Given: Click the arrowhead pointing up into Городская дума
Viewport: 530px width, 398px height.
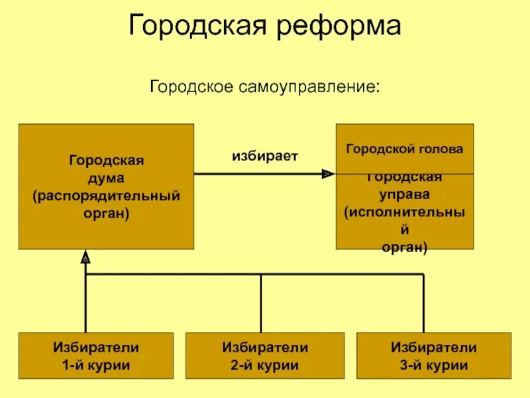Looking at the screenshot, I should coord(85,256).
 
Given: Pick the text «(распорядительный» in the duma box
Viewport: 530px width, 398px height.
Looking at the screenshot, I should coord(106,196).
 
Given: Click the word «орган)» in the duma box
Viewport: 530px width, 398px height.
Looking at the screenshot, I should coord(106,214).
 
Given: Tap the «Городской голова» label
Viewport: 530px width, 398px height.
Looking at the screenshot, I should coord(404,149).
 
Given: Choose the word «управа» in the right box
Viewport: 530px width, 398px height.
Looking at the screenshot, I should coord(404,195).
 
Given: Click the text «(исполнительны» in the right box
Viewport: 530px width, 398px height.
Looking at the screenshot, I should coord(404,213).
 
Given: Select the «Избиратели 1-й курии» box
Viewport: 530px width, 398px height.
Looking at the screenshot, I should coord(96,356).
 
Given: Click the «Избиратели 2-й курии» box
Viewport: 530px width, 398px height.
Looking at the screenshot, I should coord(265,356).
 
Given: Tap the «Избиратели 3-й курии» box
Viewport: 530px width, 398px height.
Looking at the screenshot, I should coord(434,356).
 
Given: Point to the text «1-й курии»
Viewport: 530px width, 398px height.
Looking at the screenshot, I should coord(96,365).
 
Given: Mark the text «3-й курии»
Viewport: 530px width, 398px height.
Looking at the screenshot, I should coord(434,365).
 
